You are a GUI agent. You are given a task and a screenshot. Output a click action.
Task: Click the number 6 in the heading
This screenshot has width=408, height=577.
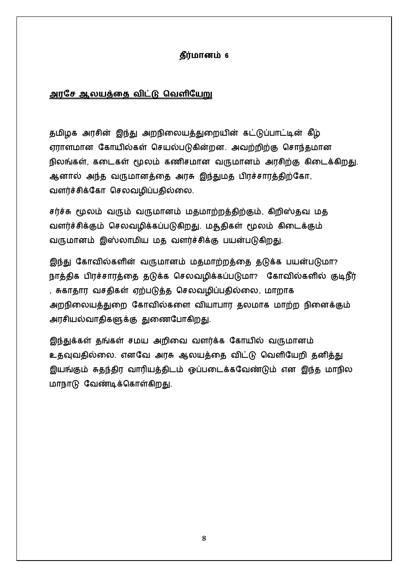227,56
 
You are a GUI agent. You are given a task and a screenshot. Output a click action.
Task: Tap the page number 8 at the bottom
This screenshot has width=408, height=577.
204,539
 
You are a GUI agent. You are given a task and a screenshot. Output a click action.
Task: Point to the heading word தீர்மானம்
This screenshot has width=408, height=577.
199,56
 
